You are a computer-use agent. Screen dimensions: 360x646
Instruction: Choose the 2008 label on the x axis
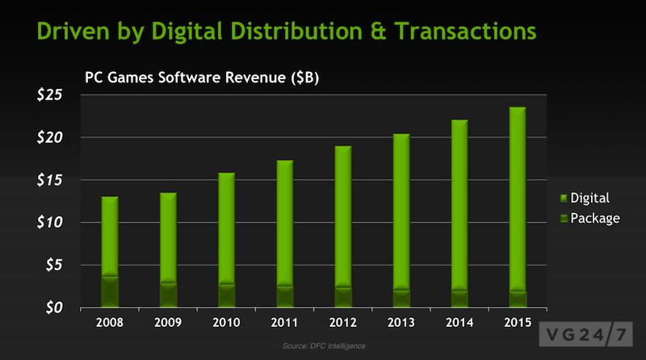[x=111, y=324]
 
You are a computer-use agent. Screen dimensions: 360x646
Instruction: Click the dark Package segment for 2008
[x=111, y=292]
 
